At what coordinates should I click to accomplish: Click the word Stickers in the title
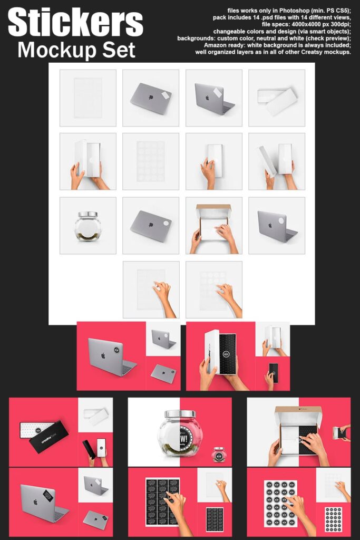(75, 23)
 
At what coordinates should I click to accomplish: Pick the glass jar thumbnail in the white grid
(87, 226)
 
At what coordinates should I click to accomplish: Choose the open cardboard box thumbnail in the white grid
(213, 226)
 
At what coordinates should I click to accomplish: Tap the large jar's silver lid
(180, 414)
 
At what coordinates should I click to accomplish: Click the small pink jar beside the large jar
(218, 454)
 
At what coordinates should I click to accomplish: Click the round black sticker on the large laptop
(115, 349)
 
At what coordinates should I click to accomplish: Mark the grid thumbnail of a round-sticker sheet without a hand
(150, 161)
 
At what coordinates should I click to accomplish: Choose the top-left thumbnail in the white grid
(87, 98)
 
